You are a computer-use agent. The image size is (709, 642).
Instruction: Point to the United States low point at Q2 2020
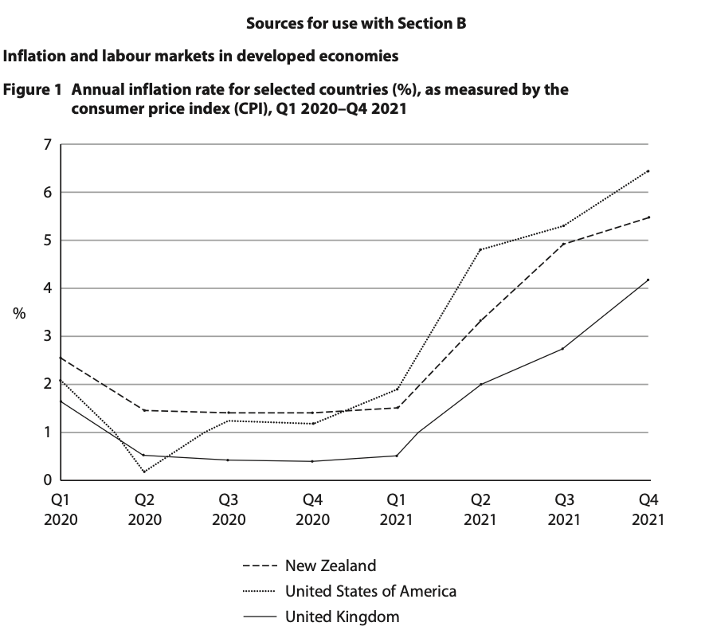pyautogui.click(x=144, y=472)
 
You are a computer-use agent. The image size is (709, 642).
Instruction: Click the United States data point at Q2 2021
pyautogui.click(x=480, y=249)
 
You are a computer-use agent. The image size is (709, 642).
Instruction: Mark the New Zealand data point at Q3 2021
pyautogui.click(x=564, y=244)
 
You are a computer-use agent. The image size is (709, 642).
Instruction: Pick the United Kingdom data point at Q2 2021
pyautogui.click(x=480, y=384)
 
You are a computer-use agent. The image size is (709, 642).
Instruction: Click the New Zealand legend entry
pyautogui.click(x=330, y=566)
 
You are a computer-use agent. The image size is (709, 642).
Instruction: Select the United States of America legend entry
pyautogui.click(x=370, y=591)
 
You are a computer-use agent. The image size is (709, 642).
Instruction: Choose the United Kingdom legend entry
pyautogui.click(x=342, y=616)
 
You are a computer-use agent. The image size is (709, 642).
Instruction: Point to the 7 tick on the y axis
pyautogui.click(x=47, y=145)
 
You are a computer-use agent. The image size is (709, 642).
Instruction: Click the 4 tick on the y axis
pyautogui.click(x=47, y=288)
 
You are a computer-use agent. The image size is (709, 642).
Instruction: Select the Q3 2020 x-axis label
pyautogui.click(x=228, y=510)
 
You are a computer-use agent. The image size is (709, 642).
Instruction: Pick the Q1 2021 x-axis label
pyautogui.click(x=396, y=510)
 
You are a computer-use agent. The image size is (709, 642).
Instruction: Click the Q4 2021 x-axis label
pyautogui.click(x=648, y=510)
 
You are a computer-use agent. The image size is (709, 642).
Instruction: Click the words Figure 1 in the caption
pyautogui.click(x=33, y=89)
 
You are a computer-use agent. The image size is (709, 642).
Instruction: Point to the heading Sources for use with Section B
pyautogui.click(x=355, y=23)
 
